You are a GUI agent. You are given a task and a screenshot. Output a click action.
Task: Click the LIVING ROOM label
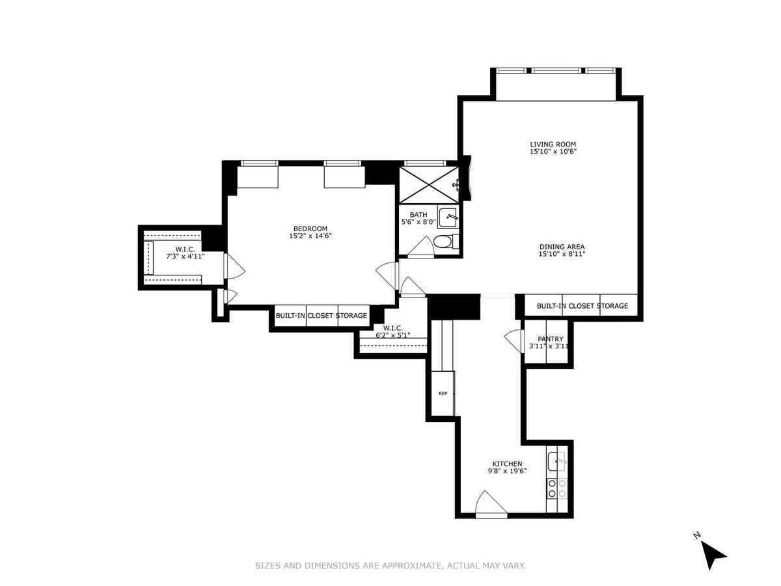click(x=553, y=144)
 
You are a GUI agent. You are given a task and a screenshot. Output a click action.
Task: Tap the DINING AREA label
click(x=562, y=247)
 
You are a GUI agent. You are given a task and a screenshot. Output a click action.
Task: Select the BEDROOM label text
click(x=310, y=229)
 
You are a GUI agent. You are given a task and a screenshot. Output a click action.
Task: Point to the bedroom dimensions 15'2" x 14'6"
click(x=310, y=236)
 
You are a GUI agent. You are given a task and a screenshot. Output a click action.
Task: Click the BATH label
click(x=418, y=215)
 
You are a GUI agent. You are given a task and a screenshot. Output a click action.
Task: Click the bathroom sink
click(x=448, y=217)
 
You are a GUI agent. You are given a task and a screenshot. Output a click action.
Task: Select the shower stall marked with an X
click(x=429, y=185)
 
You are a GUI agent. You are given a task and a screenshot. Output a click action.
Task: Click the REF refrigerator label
click(x=443, y=393)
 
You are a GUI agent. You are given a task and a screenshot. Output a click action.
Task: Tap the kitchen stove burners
click(x=557, y=488)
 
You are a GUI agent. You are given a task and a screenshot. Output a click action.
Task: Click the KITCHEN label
click(x=507, y=464)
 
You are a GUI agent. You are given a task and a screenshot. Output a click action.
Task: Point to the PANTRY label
click(x=550, y=339)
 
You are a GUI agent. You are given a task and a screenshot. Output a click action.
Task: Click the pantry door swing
click(x=515, y=341)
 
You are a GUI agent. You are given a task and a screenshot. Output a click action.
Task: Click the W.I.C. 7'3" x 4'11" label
click(x=185, y=253)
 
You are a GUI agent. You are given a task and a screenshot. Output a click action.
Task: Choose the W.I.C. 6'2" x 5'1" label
click(x=393, y=331)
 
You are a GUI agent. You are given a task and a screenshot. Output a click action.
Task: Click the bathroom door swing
click(x=421, y=247)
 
